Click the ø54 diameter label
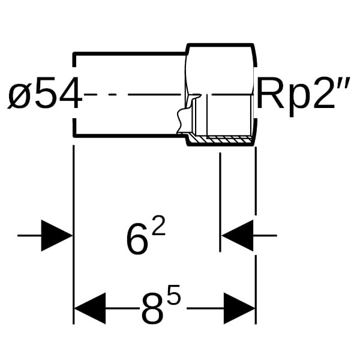(x=45, y=93)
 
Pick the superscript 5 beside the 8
(x=174, y=295)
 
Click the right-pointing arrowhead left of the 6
(x=57, y=236)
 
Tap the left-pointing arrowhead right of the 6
(x=237, y=236)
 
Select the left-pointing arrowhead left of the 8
(x=90, y=308)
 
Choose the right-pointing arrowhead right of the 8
(x=239, y=308)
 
